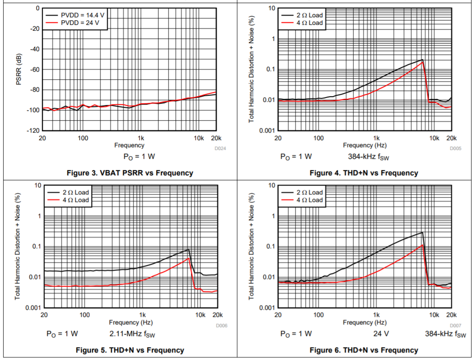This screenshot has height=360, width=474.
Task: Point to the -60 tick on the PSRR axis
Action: (35, 69)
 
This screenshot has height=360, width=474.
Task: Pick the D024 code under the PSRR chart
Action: (221, 149)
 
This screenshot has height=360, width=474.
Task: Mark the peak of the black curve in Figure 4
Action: (422, 60)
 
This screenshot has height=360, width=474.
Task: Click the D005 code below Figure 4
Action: (455, 149)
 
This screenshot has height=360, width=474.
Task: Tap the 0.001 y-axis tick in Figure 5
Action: (32, 308)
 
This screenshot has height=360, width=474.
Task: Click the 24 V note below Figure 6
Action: (380, 334)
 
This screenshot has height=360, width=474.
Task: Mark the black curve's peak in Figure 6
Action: (422, 232)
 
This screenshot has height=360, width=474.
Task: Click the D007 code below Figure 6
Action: (455, 326)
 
